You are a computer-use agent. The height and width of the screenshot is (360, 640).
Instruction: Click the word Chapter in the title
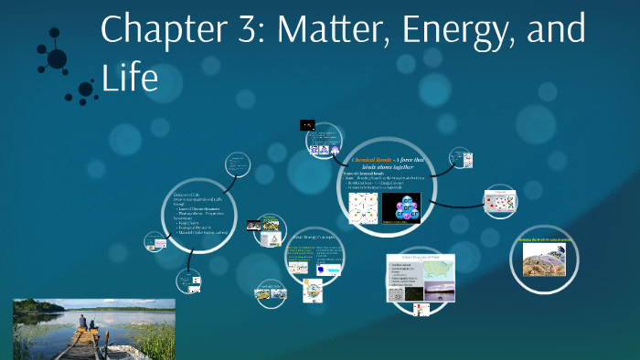pyautogui.click(x=163, y=29)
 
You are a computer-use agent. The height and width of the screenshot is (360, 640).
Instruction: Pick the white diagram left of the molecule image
pyautogui.click(x=362, y=209)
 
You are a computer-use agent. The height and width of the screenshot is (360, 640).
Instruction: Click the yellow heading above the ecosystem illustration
pyautogui.click(x=544, y=239)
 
